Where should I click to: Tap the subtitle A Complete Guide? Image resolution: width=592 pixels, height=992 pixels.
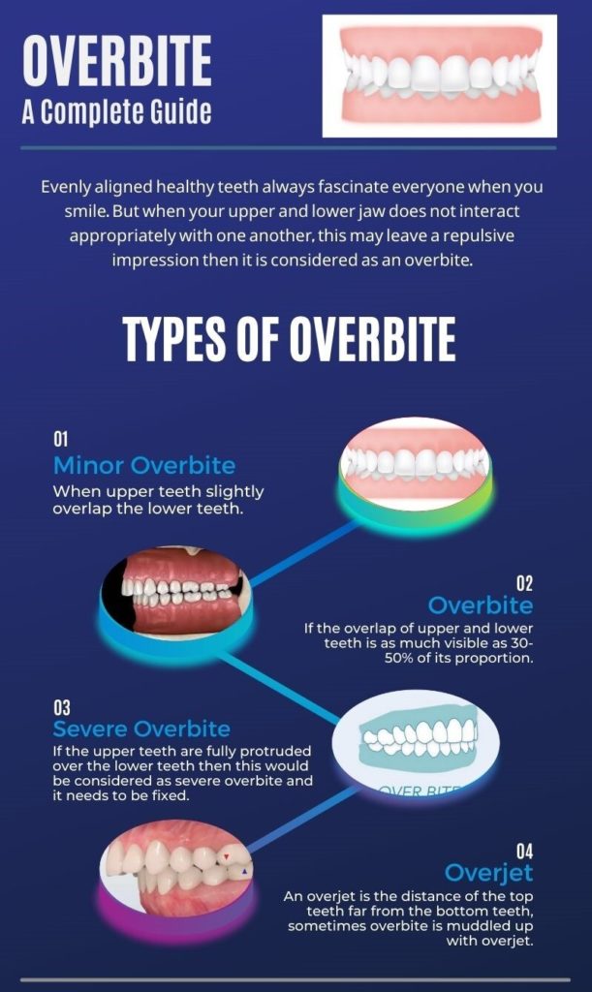pyautogui.click(x=116, y=112)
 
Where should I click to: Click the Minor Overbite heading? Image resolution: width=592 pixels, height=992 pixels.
pyautogui.click(x=143, y=464)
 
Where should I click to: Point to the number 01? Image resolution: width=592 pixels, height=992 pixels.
pyautogui.click(x=60, y=441)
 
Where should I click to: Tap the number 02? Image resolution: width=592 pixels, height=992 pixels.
pyautogui.click(x=523, y=583)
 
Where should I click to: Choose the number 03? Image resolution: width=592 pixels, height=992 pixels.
pyautogui.click(x=61, y=707)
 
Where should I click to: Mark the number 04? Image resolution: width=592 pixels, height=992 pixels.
pyautogui.click(x=523, y=851)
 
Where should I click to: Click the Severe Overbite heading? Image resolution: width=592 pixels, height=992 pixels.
pyautogui.click(x=141, y=728)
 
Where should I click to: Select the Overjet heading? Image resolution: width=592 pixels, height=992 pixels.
pyautogui.click(x=488, y=872)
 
